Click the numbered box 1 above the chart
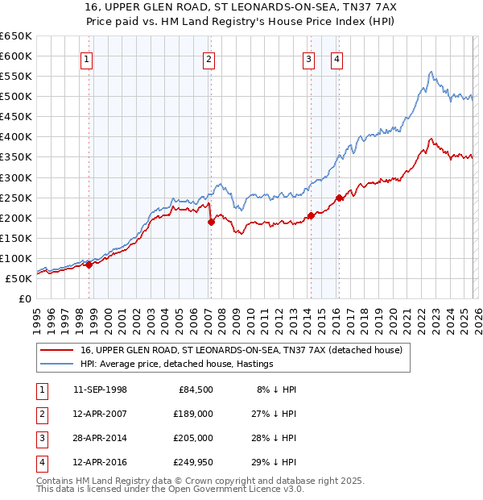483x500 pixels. [85, 58]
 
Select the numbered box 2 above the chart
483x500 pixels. [208, 58]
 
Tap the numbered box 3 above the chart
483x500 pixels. [308, 58]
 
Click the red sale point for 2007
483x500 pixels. [211, 222]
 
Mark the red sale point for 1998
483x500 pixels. [89, 265]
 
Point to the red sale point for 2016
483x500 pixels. [339, 197]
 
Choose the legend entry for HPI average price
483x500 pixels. [176, 365]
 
